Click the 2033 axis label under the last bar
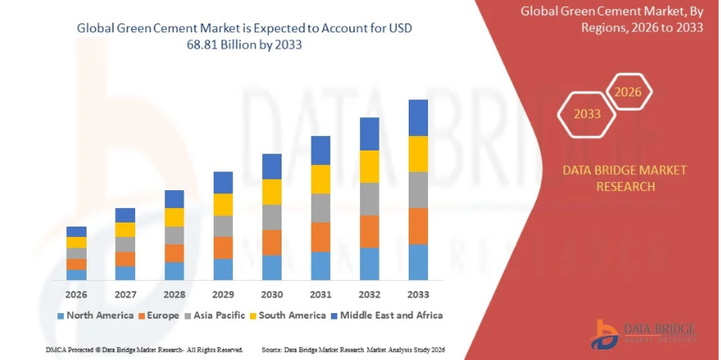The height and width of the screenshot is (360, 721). pos(418,293)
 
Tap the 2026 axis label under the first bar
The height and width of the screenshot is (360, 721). pos(76,293)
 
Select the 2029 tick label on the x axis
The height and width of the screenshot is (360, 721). pos(223,293)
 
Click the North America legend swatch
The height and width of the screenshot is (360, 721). pos(61,315)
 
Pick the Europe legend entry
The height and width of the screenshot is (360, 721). pos(159,315)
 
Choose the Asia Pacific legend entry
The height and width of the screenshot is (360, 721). pos(218,315)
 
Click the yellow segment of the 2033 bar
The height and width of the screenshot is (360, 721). pos(418,154)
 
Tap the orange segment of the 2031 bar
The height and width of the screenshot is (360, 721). pos(320,237)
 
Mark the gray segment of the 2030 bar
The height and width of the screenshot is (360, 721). pos(272,217)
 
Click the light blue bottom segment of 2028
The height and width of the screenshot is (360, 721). pos(174,271)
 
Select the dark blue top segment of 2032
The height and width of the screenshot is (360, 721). pos(369,133)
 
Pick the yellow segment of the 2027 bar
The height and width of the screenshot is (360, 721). pos(125,230)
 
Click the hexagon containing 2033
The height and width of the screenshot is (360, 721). pos(587,114)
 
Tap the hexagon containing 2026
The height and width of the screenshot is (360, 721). pos(628,92)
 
